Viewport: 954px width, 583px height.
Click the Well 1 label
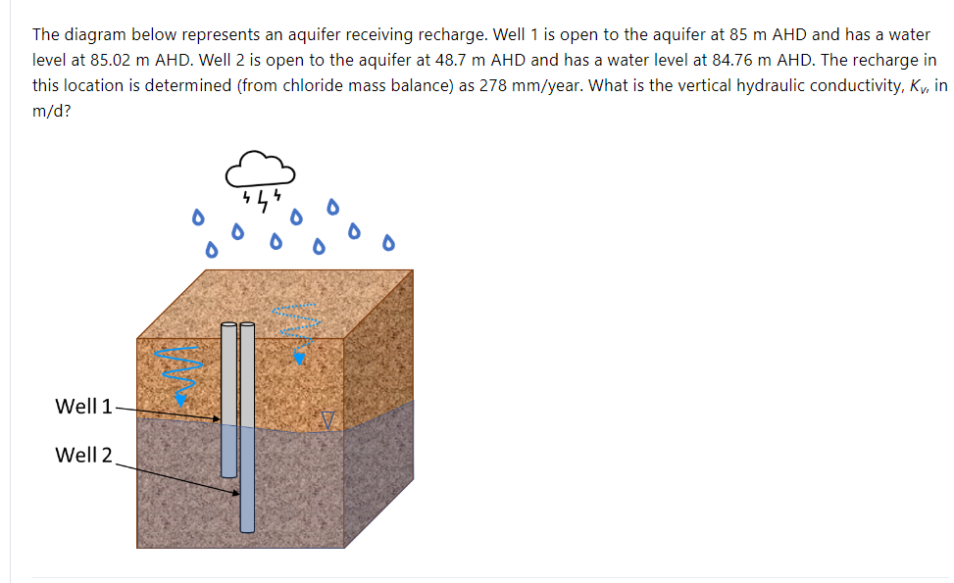tap(83, 406)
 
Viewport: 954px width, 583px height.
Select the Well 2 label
tap(83, 455)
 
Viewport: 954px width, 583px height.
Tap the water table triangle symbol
tap(328, 420)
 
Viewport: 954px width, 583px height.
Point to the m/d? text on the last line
tap(50, 111)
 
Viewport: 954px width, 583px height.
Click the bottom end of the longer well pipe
tap(247, 529)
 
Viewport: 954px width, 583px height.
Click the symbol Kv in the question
tap(919, 85)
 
